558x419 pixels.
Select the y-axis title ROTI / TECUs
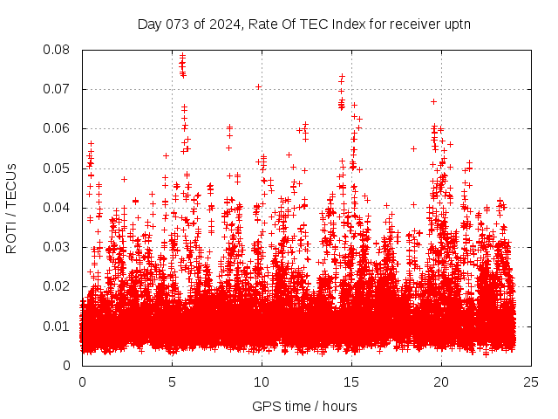[x=11, y=208]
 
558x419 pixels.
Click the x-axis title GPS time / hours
[x=304, y=406]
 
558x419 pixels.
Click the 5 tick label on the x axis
[x=172, y=381]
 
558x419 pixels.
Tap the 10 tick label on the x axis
[x=262, y=381]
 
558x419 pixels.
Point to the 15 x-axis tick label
[x=351, y=381]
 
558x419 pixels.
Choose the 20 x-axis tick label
[x=441, y=381]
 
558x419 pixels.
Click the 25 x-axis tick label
[x=531, y=381]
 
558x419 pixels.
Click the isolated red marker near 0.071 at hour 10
[x=258, y=86]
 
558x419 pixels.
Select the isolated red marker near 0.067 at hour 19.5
[x=433, y=101]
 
